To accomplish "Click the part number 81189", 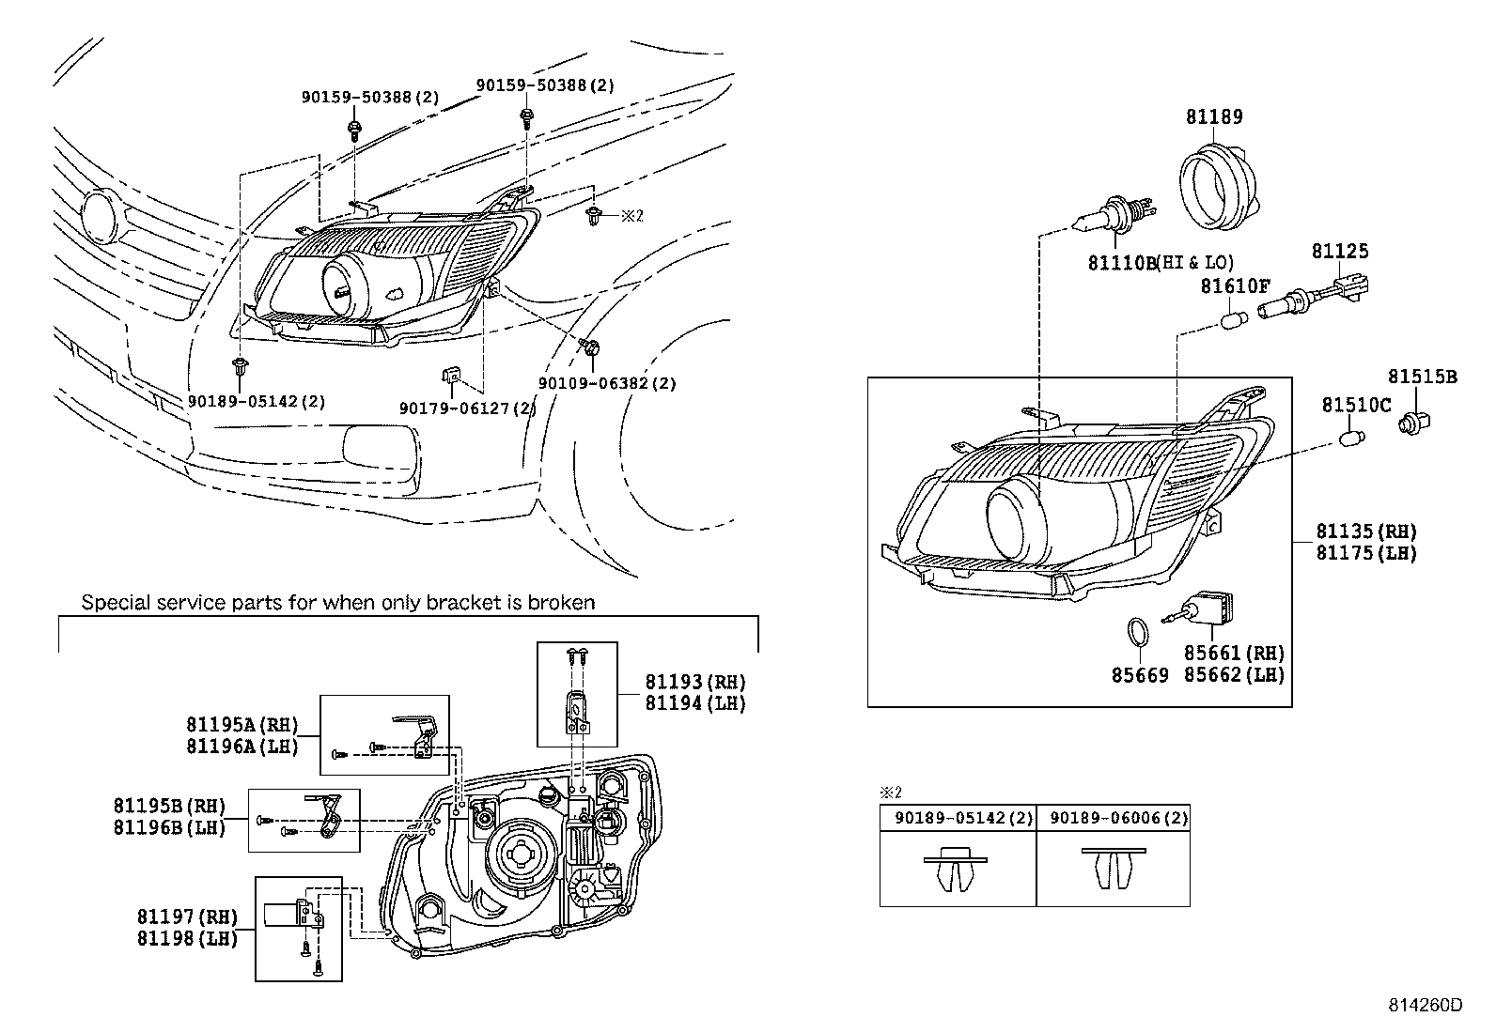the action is click(x=1214, y=116).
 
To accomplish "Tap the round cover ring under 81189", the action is click(x=1217, y=187).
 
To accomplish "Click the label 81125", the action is click(x=1340, y=251).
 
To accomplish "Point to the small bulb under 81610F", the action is click(x=1233, y=320).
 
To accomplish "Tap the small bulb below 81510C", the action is click(x=1353, y=439).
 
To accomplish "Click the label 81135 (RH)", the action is click(x=1366, y=531).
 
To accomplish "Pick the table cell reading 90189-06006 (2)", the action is click(x=1118, y=818).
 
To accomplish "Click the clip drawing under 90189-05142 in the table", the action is click(x=955, y=870).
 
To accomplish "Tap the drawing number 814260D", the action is click(x=1426, y=1006).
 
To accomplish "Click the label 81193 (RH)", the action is click(x=695, y=682).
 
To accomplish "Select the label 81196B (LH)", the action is click(x=170, y=827).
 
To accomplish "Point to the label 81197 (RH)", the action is click(x=188, y=916).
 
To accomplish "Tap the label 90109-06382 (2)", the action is click(x=607, y=383).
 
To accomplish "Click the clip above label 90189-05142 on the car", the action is click(x=240, y=366).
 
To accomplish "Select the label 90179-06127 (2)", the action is click(x=468, y=408).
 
